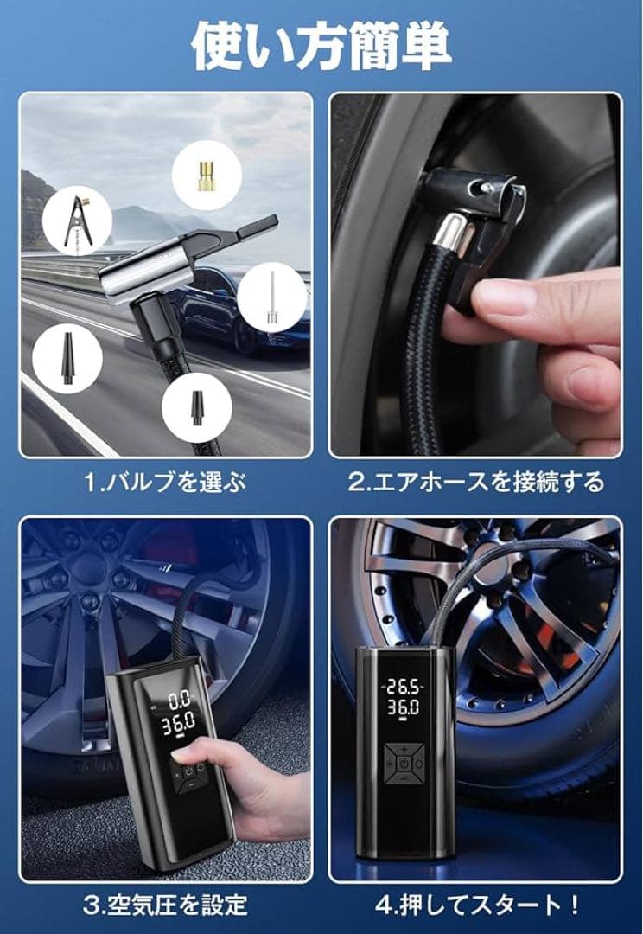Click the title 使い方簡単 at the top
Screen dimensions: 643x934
[321, 47]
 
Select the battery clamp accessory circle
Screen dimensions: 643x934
[78, 221]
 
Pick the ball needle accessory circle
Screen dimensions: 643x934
[272, 298]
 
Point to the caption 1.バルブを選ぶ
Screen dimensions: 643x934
[165, 482]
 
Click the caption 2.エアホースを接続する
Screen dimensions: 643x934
[475, 482]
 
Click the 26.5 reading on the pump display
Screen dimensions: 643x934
[403, 688]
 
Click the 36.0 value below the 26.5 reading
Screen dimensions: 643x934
[403, 707]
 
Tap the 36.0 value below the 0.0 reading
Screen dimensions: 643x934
[179, 725]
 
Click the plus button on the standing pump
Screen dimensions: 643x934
[404, 749]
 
